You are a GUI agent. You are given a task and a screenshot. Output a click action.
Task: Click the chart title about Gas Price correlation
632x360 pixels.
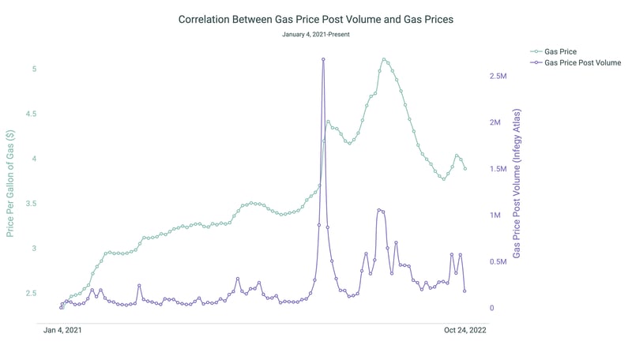pos(316,18)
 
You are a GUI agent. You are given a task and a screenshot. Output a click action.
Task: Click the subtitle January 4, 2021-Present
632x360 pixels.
pos(316,35)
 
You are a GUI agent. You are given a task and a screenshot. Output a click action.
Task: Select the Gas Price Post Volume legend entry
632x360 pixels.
pos(582,62)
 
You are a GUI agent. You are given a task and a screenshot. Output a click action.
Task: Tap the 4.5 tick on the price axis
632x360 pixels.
pos(31,114)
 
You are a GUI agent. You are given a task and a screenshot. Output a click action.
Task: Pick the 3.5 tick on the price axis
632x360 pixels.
pos(31,204)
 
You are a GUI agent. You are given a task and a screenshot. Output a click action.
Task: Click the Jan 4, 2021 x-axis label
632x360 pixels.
pos(62,331)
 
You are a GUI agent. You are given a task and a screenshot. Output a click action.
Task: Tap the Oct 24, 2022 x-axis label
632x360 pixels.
pos(465,331)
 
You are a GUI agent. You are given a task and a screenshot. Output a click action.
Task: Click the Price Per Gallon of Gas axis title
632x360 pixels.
pos(10,184)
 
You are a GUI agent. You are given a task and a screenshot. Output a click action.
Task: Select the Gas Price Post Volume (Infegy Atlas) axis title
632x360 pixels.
pos(517,184)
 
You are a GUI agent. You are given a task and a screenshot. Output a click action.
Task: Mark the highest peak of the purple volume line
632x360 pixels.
pos(323,59)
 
